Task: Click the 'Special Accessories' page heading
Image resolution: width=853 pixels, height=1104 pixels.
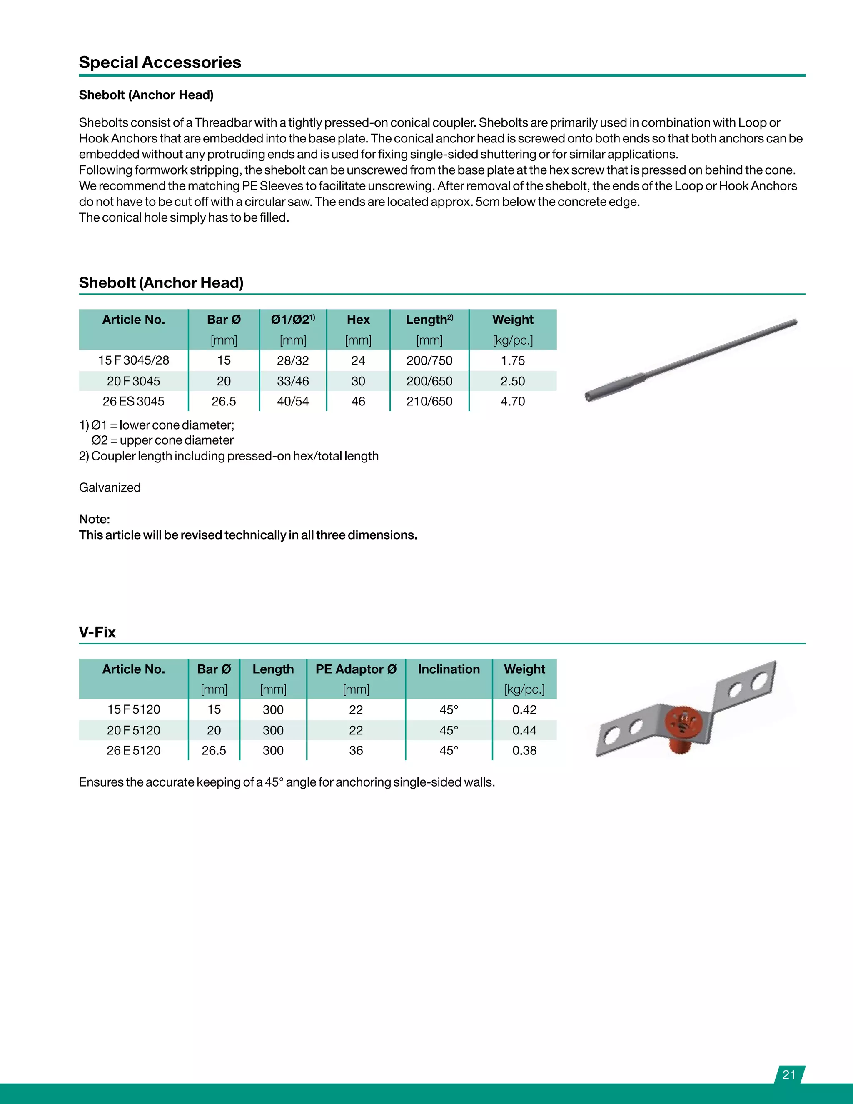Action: coord(160,62)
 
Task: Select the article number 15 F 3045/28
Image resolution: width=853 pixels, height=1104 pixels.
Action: coord(133,360)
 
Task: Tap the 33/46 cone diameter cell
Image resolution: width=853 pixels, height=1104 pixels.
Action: coord(292,381)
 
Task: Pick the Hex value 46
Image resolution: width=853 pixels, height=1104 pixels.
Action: coord(358,401)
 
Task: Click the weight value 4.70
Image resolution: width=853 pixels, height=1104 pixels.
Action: coord(512,401)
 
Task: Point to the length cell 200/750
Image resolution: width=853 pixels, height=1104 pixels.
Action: coord(429,360)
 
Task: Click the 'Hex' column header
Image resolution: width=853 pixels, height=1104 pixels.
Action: coord(358,320)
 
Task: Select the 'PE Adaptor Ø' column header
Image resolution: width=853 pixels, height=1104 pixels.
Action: coord(356,669)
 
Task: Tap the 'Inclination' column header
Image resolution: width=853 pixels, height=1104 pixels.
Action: coord(449,669)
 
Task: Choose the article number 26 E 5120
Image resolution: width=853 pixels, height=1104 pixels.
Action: coord(133,751)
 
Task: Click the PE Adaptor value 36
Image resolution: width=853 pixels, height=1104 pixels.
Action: coord(356,751)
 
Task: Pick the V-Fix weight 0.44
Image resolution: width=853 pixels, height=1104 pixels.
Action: coord(524,730)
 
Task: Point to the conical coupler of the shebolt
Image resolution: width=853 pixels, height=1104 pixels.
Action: coord(614,386)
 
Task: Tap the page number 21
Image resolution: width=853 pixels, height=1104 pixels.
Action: coord(789,1075)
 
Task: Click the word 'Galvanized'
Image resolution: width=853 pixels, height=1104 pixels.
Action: coord(110,487)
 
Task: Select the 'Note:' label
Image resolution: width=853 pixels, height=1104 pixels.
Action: coord(95,519)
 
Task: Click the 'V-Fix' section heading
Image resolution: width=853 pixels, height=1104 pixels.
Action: coord(97,632)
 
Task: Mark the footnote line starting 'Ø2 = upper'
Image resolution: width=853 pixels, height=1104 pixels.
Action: coord(162,440)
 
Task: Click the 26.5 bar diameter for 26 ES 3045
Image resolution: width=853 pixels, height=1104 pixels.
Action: coord(223,401)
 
